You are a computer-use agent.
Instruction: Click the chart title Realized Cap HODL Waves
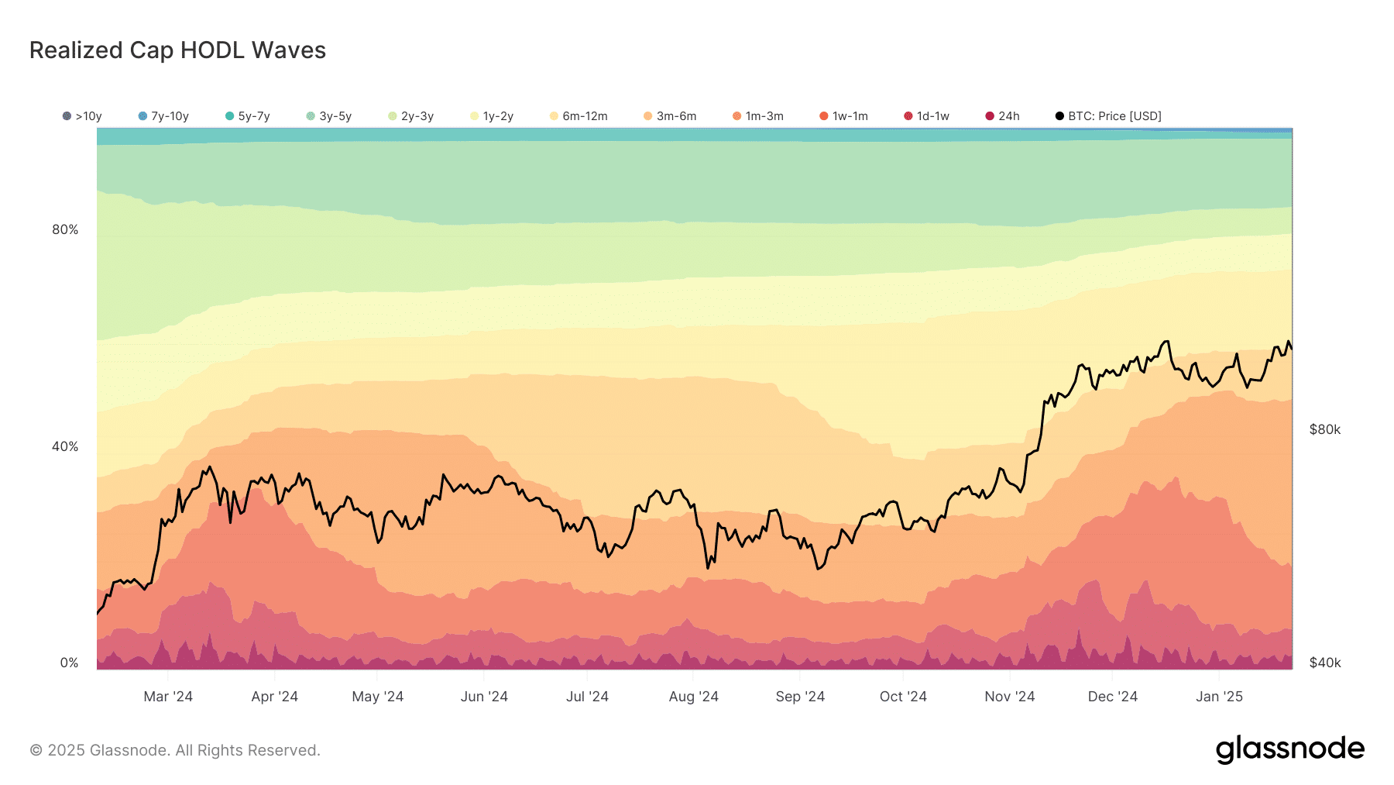(177, 50)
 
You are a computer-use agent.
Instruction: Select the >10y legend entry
(82, 116)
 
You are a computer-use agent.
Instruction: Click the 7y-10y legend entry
(163, 116)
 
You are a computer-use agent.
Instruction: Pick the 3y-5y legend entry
(329, 116)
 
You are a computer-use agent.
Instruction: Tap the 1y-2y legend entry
(492, 116)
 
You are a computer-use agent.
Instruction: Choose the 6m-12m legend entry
(579, 116)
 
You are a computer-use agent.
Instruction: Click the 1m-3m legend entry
(758, 116)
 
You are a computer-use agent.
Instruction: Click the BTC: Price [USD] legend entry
(1108, 116)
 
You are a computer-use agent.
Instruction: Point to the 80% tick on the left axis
(65, 229)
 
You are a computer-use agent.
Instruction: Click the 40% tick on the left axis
(65, 446)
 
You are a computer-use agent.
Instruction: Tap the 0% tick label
(69, 663)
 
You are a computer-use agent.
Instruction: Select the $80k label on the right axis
(1324, 429)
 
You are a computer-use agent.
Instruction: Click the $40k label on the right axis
(1324, 663)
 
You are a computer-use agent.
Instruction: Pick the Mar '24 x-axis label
(168, 697)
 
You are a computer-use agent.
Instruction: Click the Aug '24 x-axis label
(693, 697)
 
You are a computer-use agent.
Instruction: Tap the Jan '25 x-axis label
(1219, 697)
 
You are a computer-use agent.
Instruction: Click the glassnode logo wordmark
(1289, 749)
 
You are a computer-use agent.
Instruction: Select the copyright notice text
(175, 750)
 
